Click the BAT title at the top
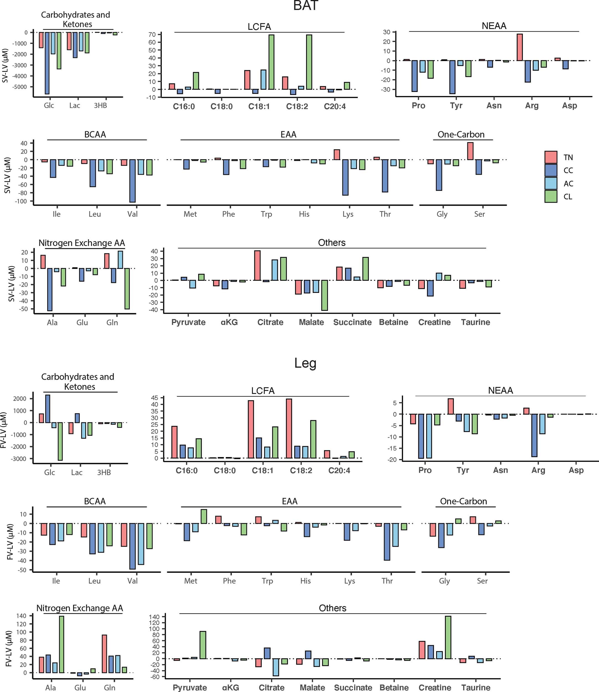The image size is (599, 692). (x=305, y=6)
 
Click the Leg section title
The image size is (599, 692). (x=305, y=363)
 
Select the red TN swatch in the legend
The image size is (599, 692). (x=551, y=157)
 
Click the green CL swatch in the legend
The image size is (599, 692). (x=551, y=196)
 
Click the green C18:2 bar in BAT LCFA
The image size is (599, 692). (x=309, y=62)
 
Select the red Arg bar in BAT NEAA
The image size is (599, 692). (x=519, y=47)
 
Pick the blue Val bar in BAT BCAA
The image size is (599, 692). (x=132, y=180)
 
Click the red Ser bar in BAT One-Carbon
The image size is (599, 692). (x=470, y=151)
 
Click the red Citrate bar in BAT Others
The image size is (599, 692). (x=257, y=265)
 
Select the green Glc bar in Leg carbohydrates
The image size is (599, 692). (x=60, y=441)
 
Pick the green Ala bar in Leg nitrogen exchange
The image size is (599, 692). (x=62, y=644)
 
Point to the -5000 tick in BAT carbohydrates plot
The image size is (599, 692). (x=21, y=87)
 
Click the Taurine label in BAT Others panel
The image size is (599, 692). (x=475, y=322)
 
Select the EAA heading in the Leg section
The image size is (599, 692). (x=290, y=501)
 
